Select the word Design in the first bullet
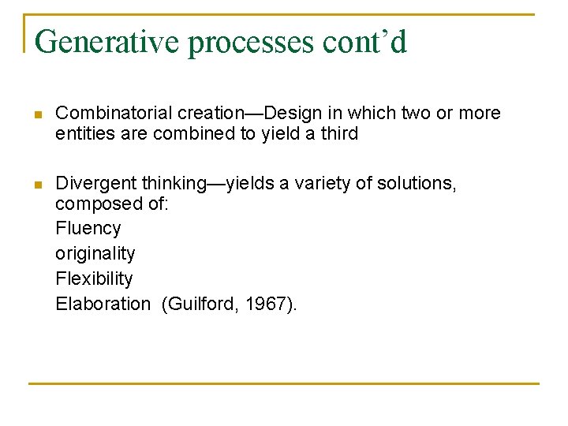[292, 114]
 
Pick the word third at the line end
[340, 134]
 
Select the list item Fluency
[88, 229]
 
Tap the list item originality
[95, 254]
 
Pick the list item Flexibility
[95, 279]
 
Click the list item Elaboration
[103, 305]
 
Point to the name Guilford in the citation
[200, 305]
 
